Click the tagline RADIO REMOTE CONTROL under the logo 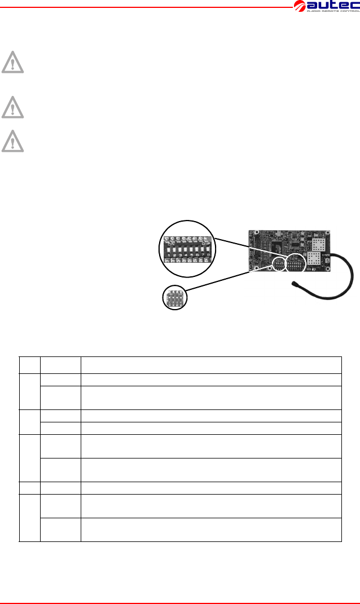(x=332, y=14)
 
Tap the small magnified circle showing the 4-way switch (x=174, y=298)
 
